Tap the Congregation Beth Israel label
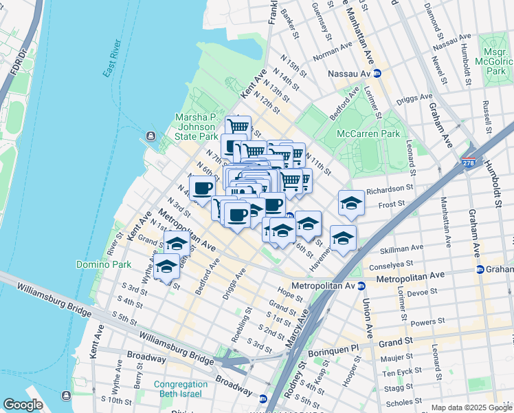click(181, 389)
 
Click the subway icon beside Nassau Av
click(377, 73)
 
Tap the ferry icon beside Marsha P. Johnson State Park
click(151, 136)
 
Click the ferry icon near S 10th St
click(66, 395)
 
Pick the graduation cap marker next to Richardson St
click(351, 202)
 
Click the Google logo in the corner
click(23, 405)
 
